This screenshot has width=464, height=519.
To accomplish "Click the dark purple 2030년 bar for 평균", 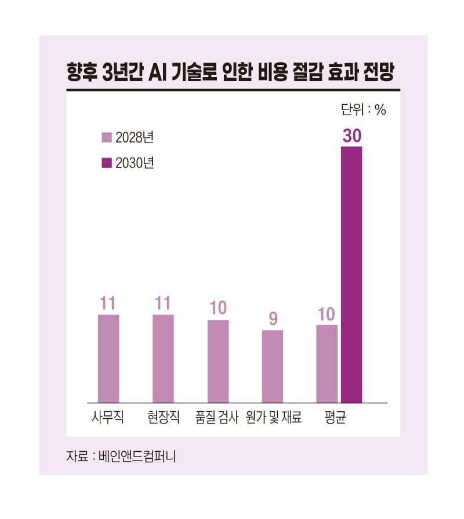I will pos(351,275).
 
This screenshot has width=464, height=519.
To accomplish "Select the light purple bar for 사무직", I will pos(108,359).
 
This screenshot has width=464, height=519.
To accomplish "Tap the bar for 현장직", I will pos(163,359).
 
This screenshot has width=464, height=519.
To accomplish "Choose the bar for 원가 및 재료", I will pos(273,366).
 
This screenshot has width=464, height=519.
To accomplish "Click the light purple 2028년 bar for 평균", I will pos(327,364).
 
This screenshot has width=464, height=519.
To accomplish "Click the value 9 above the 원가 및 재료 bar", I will pos(273,319).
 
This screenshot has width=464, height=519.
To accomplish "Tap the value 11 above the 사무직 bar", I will pos(108,304).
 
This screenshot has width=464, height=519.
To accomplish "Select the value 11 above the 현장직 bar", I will pos(163,304).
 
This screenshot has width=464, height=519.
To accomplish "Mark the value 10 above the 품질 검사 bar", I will pos(218,308).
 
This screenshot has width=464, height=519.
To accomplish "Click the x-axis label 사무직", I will pos(108,418).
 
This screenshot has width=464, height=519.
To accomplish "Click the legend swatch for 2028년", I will pos(106,137).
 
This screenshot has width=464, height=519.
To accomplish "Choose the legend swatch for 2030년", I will pos(106,163).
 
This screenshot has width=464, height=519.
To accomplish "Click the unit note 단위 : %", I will pos(362,111).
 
